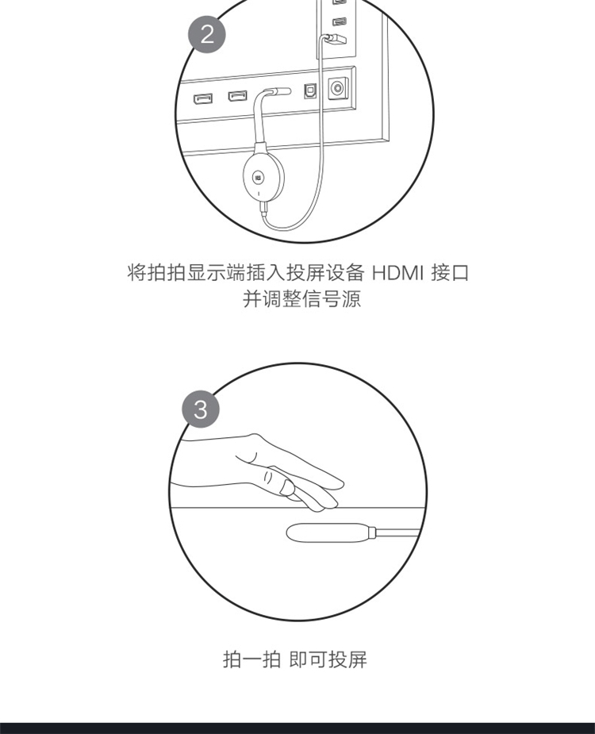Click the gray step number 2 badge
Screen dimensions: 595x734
tap(207, 34)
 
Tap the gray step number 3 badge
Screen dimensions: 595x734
tap(201, 409)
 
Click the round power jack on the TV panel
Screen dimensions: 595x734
tap(337, 88)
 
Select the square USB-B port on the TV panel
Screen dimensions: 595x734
tap(310, 90)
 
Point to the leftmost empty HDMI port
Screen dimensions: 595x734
tap(203, 98)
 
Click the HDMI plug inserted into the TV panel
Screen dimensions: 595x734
tap(277, 90)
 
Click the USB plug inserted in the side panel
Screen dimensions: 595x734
tap(334, 40)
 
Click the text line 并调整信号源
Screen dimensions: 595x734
tap(301, 298)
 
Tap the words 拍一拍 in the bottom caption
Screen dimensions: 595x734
tap(251, 659)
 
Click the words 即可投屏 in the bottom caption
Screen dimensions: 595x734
tap(328, 659)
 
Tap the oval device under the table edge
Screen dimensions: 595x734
tap(327, 532)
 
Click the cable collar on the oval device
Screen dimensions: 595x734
tap(372, 532)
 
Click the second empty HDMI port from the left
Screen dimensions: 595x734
tap(237, 95)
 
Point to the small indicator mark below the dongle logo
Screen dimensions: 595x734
tap(259, 193)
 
